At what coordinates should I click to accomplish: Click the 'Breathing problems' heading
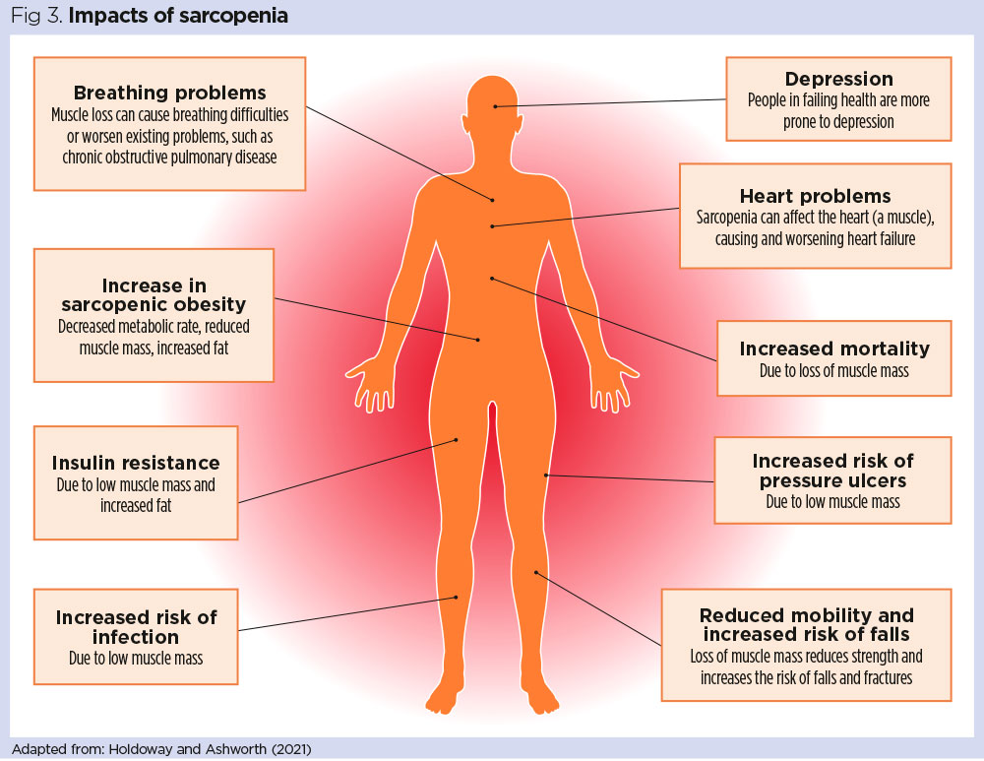click(x=169, y=95)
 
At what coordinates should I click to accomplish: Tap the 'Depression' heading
click(x=838, y=80)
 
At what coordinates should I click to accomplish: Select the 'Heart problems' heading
click(x=815, y=196)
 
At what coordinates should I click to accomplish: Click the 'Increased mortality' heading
click(x=834, y=349)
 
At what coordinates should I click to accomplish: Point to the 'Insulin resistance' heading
click(x=136, y=463)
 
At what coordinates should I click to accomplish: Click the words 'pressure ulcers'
click(x=832, y=480)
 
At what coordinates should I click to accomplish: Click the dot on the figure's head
click(x=497, y=105)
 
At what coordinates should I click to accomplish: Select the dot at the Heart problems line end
click(x=493, y=226)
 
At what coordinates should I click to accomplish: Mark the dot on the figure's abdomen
click(x=478, y=340)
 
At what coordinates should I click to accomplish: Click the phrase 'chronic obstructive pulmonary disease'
click(x=169, y=157)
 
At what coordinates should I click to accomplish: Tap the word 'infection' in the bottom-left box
click(x=136, y=636)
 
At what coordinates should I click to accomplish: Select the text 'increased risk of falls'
click(x=806, y=634)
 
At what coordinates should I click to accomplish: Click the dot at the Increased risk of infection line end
click(x=456, y=597)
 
